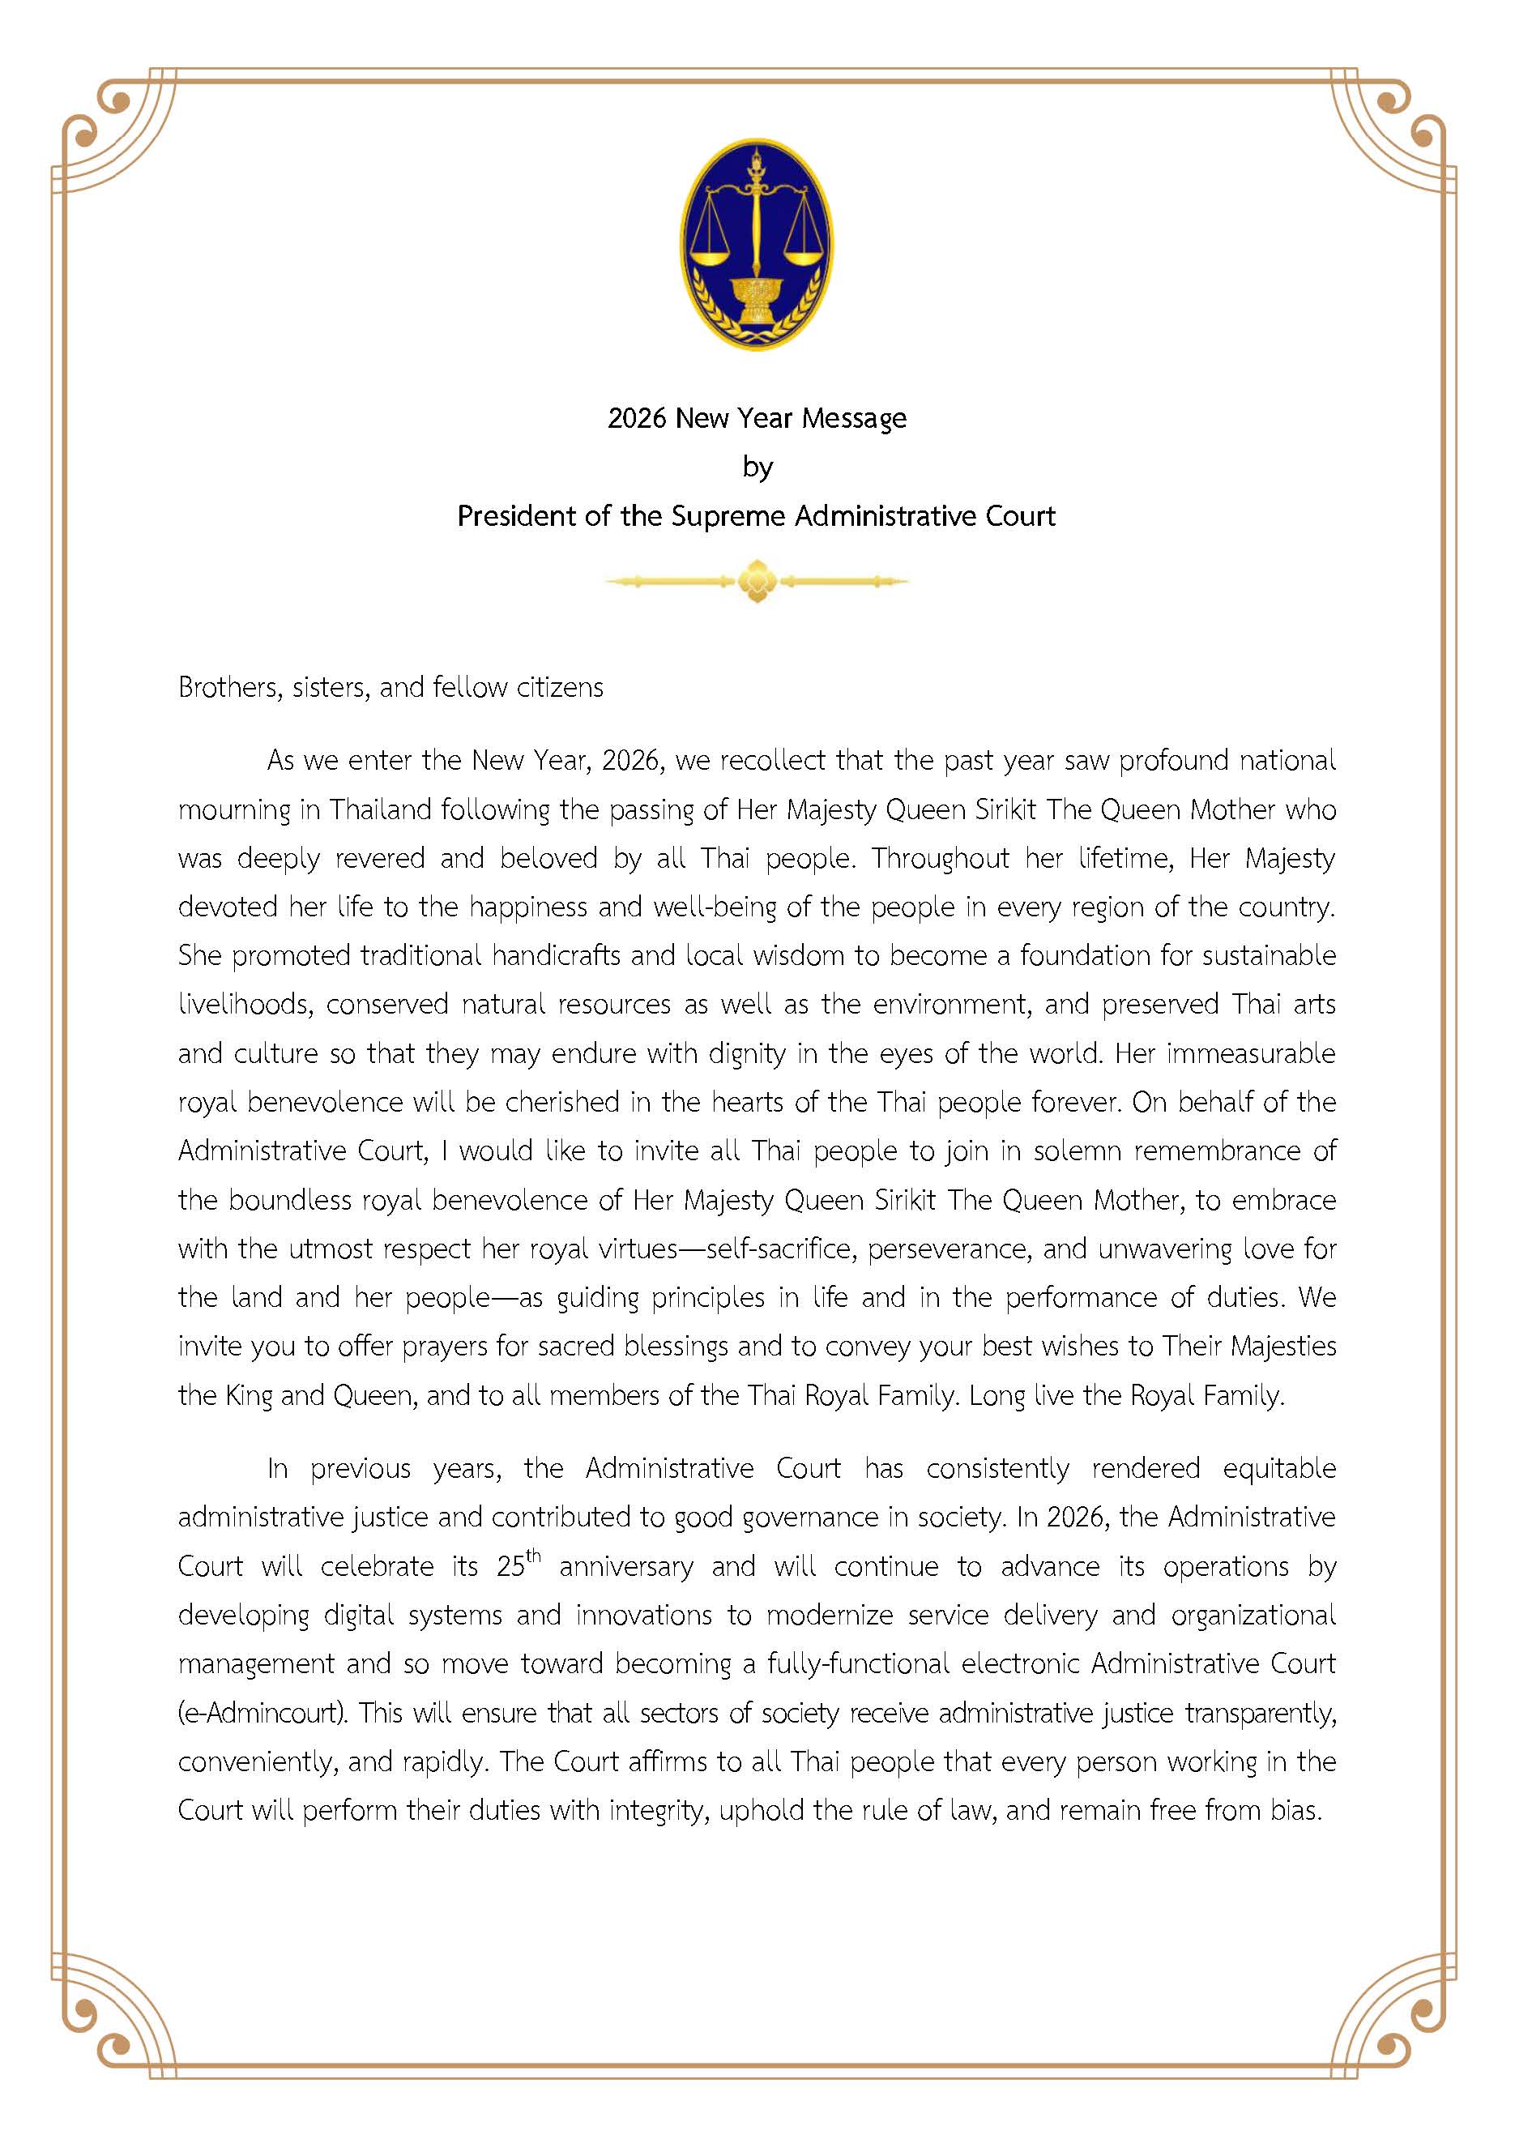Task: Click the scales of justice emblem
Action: coord(757,245)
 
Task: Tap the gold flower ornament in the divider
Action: coord(757,581)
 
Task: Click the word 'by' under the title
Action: coord(757,468)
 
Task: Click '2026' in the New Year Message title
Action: coord(636,418)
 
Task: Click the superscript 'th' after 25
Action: coord(534,1555)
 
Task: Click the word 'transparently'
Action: coord(1261,1714)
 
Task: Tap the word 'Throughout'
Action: coord(940,858)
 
